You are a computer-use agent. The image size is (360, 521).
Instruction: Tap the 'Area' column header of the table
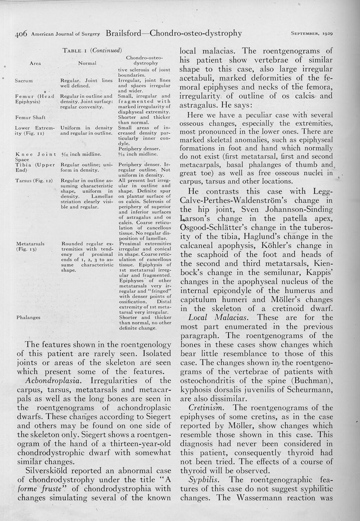point(35,63)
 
